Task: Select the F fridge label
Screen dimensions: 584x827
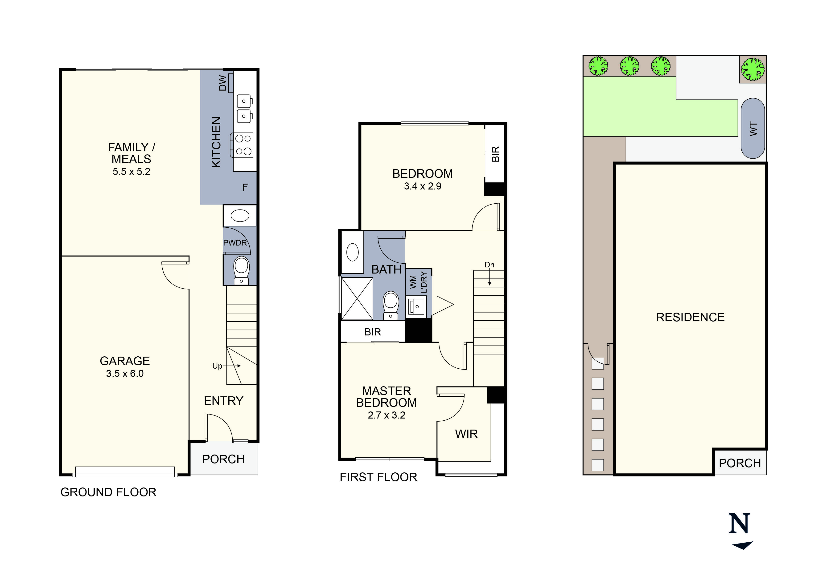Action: tap(245, 187)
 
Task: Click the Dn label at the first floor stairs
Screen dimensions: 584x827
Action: tap(489, 265)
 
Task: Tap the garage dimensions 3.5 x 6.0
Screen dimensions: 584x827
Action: tap(125, 374)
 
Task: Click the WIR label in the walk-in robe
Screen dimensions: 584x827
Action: tap(466, 434)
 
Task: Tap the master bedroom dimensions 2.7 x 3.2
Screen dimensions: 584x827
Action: tap(386, 415)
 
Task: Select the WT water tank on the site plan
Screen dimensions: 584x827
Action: tap(753, 129)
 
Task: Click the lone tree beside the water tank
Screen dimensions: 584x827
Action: tap(753, 69)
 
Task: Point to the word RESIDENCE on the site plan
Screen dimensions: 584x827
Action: tap(690, 317)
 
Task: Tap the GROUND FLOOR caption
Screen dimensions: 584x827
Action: tap(108, 492)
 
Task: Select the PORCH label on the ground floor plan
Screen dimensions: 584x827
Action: tap(223, 459)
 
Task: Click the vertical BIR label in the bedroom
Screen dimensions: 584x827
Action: tap(496, 154)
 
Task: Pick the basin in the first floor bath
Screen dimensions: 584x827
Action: tap(353, 252)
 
